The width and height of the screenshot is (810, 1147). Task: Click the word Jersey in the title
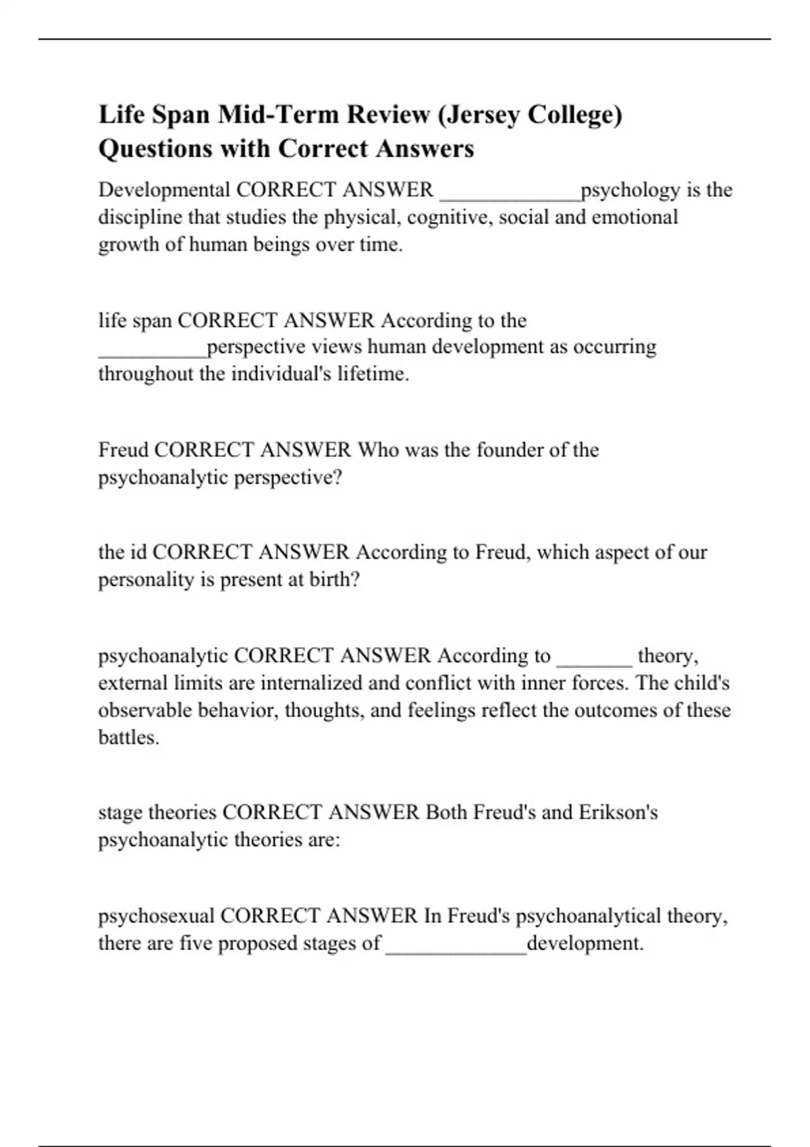pyautogui.click(x=482, y=115)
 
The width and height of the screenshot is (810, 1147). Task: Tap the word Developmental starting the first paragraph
pyautogui.click(x=164, y=190)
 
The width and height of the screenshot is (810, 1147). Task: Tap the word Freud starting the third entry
pyautogui.click(x=124, y=450)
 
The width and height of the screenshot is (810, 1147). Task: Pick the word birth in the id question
pyautogui.click(x=333, y=580)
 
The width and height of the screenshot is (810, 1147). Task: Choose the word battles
pyautogui.click(x=128, y=737)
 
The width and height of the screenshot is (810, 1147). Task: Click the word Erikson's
pyautogui.click(x=618, y=812)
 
